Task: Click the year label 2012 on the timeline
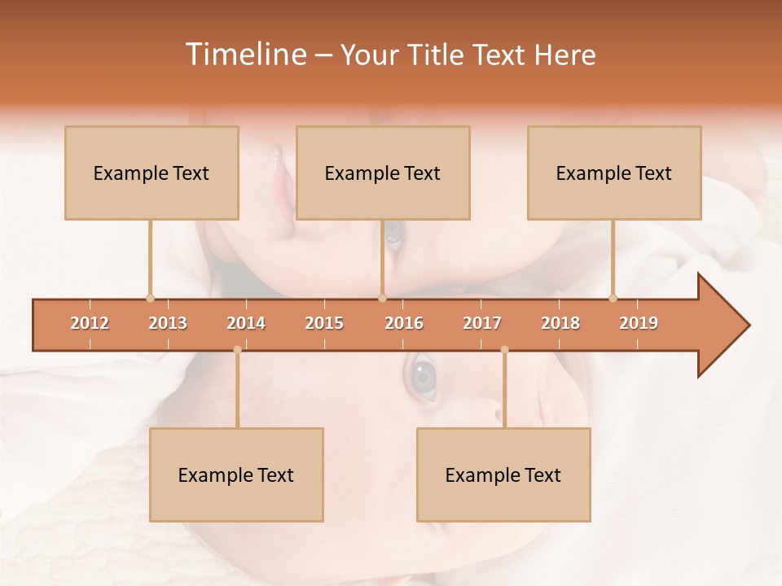click(90, 323)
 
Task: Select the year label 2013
click(168, 323)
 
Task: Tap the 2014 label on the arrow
click(246, 323)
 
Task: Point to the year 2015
click(324, 323)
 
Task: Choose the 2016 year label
click(404, 323)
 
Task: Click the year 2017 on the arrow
click(482, 323)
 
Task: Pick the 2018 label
click(560, 323)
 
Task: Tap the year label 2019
click(639, 323)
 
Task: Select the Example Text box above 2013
click(152, 173)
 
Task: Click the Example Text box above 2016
click(383, 173)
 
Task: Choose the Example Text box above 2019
click(614, 173)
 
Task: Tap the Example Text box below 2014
click(236, 475)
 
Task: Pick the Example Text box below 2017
click(503, 475)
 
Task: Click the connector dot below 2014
click(237, 350)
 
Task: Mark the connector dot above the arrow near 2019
click(613, 298)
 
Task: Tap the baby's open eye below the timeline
click(422, 377)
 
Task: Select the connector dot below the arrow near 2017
click(504, 350)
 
